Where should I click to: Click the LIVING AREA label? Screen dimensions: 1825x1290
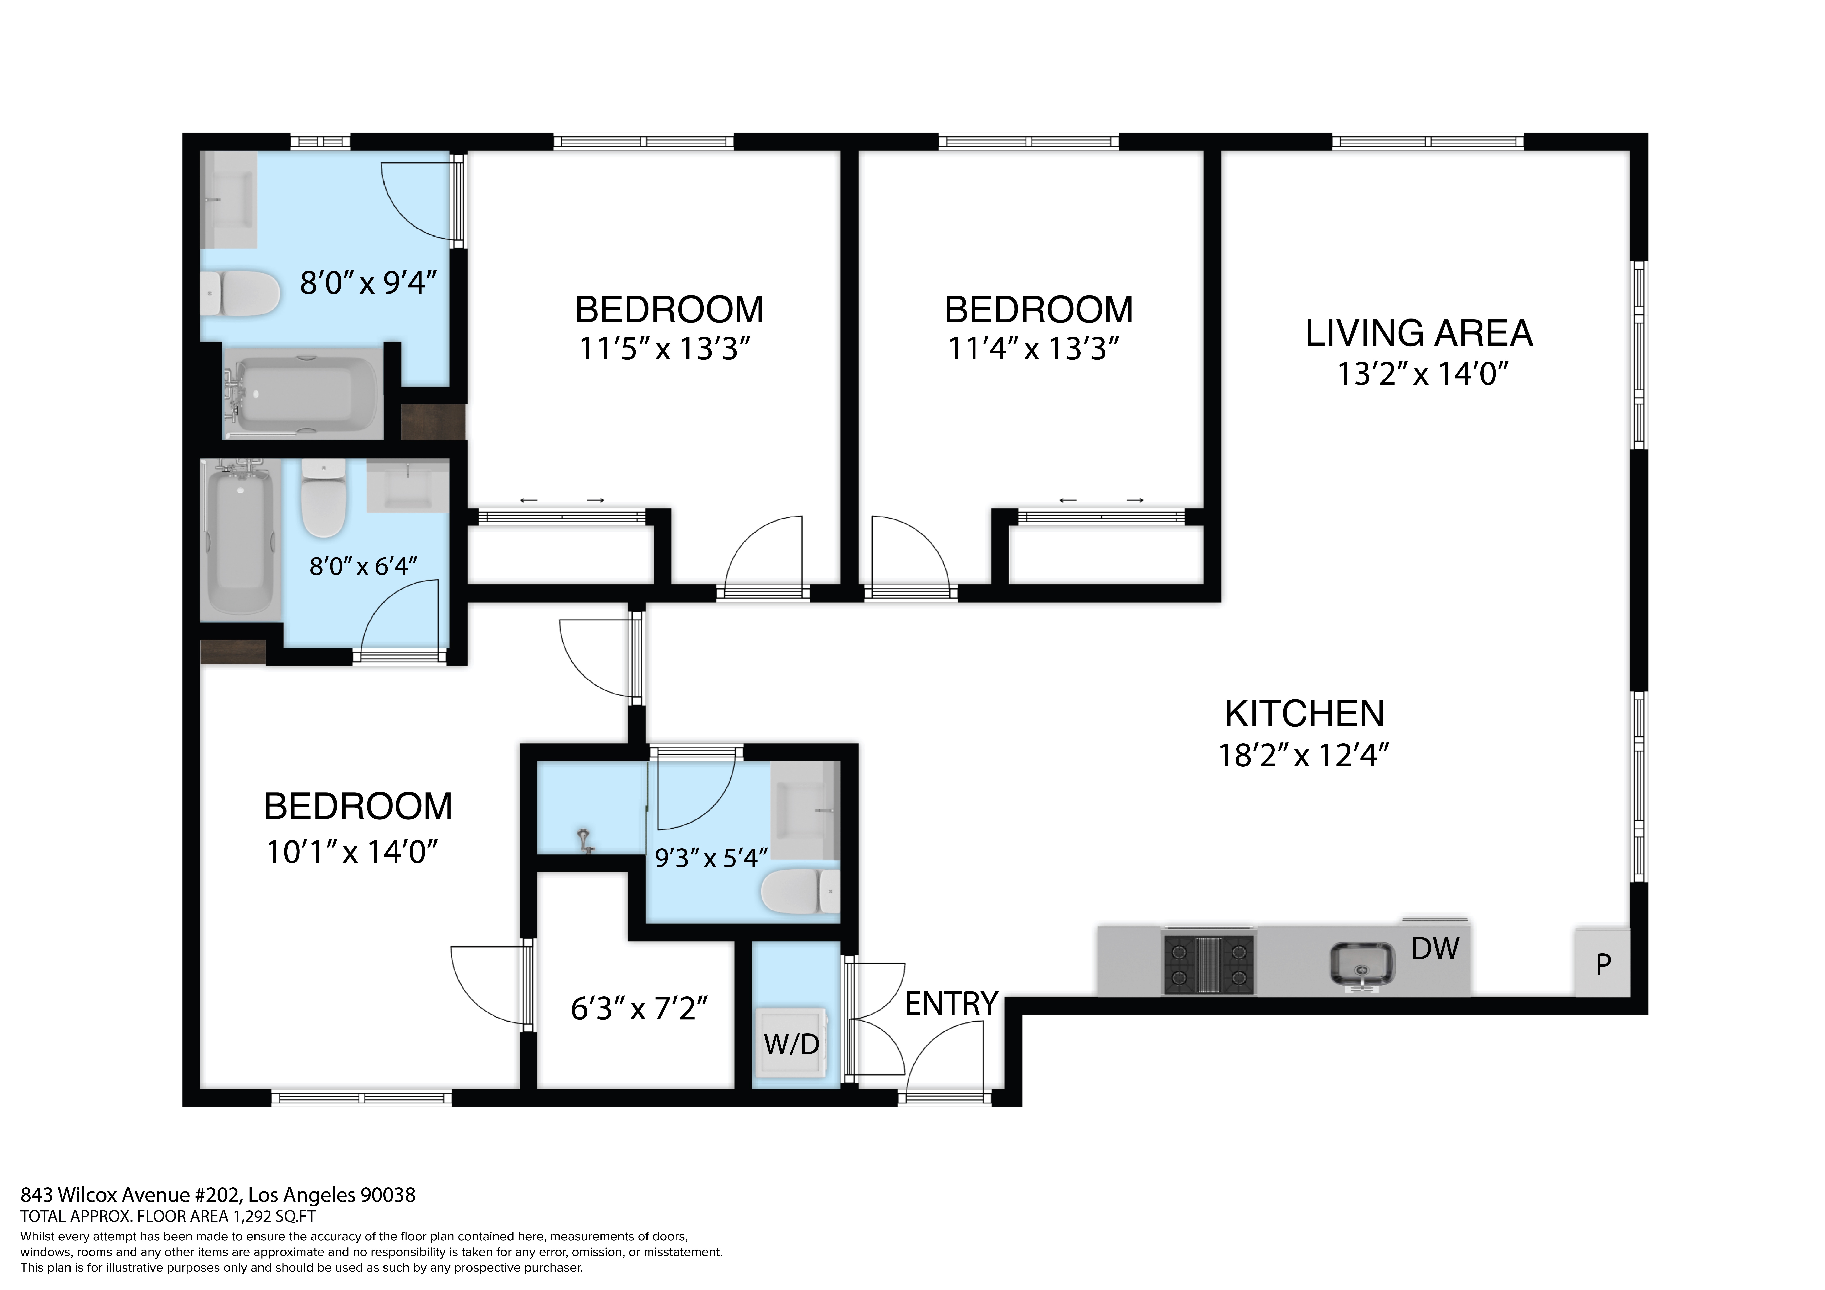click(1419, 333)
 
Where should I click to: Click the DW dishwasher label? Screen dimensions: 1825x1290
click(1435, 948)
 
